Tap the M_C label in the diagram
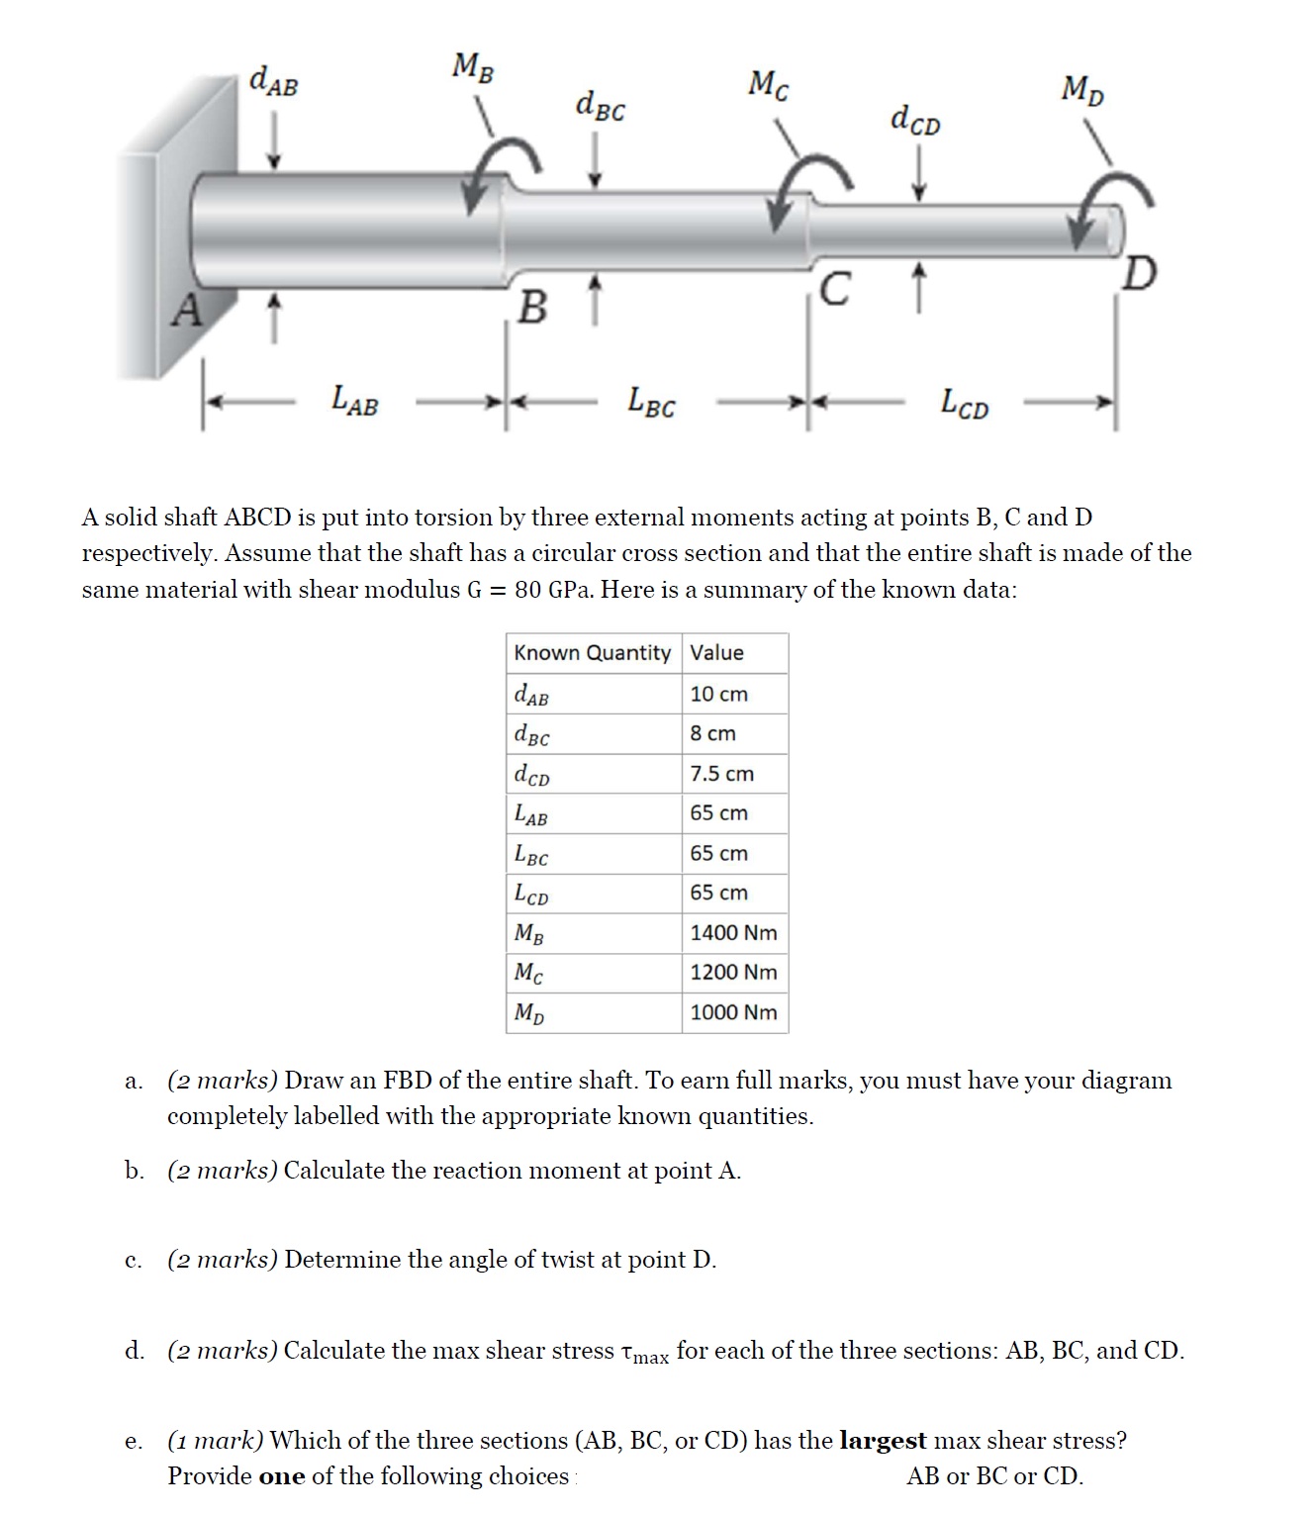pos(769,85)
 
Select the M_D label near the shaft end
pos(1082,90)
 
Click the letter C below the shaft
pos(835,290)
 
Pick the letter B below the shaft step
pos(532,309)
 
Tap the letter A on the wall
pos(186,311)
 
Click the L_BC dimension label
pos(652,402)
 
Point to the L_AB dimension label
pos(354,401)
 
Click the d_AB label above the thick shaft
pos(273,80)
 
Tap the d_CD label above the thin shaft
pos(915,120)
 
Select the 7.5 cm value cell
pos(721,774)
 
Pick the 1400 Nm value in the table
pos(733,932)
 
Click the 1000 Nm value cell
pos(733,1012)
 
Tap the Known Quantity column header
pos(592,653)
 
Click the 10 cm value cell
pos(718,694)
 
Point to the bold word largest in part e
pos(883,1440)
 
